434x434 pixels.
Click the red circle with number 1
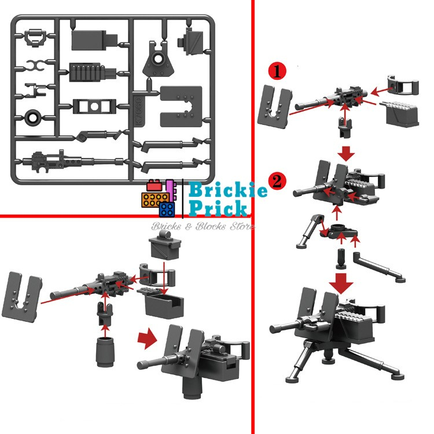tap(277, 72)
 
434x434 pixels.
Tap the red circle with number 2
tap(277, 181)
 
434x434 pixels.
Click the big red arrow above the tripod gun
tap(344, 283)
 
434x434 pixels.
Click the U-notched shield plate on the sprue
tap(181, 105)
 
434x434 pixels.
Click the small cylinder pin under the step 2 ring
tap(341, 256)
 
